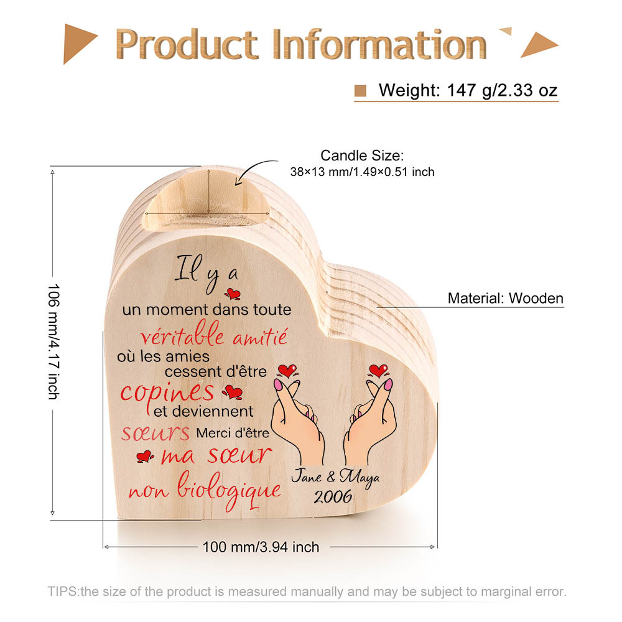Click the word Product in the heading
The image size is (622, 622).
click(187, 44)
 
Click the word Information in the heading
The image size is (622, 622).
click(379, 44)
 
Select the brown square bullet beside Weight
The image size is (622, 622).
click(360, 91)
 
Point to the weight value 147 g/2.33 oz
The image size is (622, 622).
click(502, 90)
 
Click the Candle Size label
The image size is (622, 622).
click(362, 155)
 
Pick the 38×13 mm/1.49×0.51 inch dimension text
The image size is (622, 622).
click(362, 172)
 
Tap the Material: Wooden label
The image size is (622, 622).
click(505, 299)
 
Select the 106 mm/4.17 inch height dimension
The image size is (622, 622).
click(53, 341)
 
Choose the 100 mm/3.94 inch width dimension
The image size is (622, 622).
click(261, 547)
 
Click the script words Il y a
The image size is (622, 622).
click(207, 272)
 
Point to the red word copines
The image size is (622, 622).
click(167, 394)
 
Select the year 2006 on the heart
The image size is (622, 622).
click(333, 496)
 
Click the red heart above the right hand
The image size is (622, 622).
click(378, 371)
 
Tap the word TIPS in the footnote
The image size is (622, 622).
click(63, 592)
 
